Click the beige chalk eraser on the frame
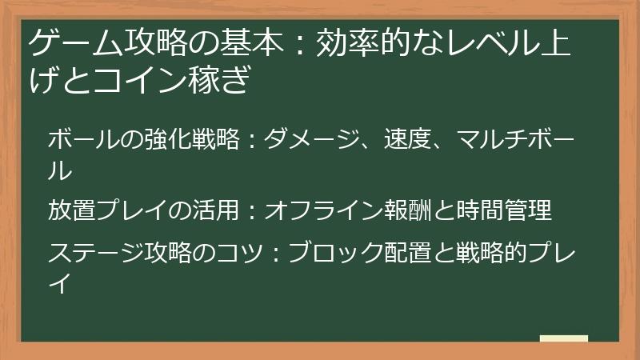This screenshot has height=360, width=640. coord(564,338)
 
